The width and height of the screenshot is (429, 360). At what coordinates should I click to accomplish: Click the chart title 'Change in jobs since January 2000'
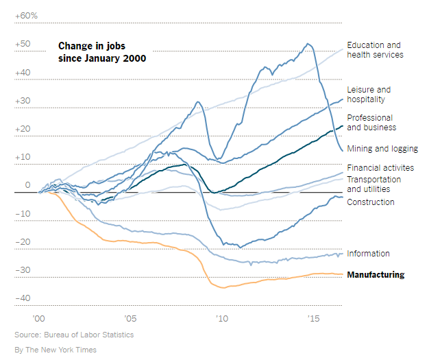pyautogui.click(x=101, y=52)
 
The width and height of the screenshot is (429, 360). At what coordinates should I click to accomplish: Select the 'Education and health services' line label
pyautogui.click(x=375, y=50)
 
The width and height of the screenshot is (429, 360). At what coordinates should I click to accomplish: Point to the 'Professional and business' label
pyautogui.click(x=371, y=123)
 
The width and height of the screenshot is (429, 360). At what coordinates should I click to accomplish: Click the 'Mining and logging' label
pyautogui.click(x=382, y=149)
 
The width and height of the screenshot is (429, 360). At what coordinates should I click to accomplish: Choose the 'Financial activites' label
pyautogui.click(x=380, y=168)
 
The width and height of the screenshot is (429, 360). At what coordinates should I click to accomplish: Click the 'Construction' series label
pyautogui.click(x=371, y=202)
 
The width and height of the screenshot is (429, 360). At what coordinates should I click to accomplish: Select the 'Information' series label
pyautogui.click(x=368, y=254)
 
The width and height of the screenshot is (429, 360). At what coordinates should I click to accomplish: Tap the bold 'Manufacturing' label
pyautogui.click(x=376, y=275)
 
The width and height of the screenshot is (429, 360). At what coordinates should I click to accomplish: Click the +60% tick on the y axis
pyautogui.click(x=26, y=15)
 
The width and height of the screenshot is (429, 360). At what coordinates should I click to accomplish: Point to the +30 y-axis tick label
pyautogui.click(x=23, y=101)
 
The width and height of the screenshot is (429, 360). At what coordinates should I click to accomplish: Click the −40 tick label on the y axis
pyautogui.click(x=23, y=298)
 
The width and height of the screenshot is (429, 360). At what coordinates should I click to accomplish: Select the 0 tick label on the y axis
pyautogui.click(x=28, y=185)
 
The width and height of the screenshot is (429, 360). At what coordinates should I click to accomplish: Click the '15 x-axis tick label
pyautogui.click(x=314, y=319)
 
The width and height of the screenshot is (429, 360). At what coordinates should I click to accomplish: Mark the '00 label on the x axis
pyautogui.click(x=38, y=319)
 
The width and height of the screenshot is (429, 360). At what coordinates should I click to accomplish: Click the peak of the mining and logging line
pyautogui.click(x=308, y=44)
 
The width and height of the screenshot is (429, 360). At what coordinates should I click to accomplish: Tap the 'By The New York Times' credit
pyautogui.click(x=56, y=350)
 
